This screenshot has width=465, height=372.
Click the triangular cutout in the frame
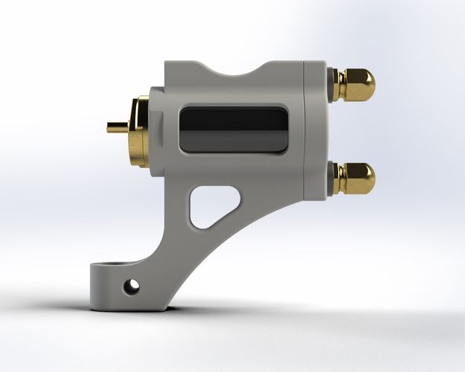pyautogui.click(x=211, y=204)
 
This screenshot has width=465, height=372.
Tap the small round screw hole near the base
pyautogui.click(x=132, y=285)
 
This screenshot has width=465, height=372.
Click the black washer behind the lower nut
pyautogui.click(x=330, y=179)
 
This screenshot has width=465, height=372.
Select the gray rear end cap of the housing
pyautogui.click(x=314, y=131)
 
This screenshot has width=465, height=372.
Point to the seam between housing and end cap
pyautogui.click(x=304, y=131)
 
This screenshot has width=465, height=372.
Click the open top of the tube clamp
pyautogui.click(x=112, y=265)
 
